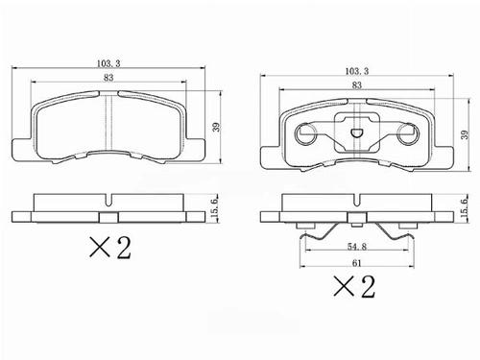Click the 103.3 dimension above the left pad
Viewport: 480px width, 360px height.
click(x=108, y=63)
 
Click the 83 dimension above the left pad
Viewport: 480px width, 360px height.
click(x=108, y=78)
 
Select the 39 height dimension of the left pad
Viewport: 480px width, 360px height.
click(x=217, y=127)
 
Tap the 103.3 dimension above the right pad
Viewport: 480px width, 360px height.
click(x=357, y=71)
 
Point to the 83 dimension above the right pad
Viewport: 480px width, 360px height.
click(x=357, y=85)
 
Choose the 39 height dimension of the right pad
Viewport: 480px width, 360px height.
click(x=466, y=134)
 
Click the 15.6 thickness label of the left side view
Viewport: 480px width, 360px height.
click(x=214, y=208)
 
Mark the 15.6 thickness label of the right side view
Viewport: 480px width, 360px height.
click(x=464, y=208)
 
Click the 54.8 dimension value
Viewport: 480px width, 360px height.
click(x=357, y=247)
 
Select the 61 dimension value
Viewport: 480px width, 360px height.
click(x=357, y=263)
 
